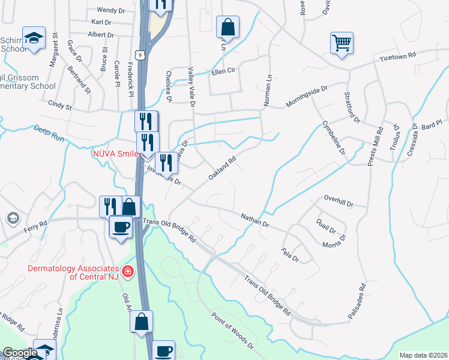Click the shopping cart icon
pyautogui.click(x=342, y=43)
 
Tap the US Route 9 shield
pyautogui.click(x=140, y=55)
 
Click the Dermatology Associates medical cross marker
pyautogui.click(x=127, y=272)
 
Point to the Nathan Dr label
pyautogui.click(x=255, y=220)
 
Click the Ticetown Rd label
pyautogui.click(x=397, y=56)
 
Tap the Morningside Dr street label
pyautogui.click(x=307, y=96)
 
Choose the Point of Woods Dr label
pyautogui.click(x=233, y=329)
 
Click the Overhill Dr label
pyautogui.click(x=339, y=200)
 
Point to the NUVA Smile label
pyautogui.click(x=115, y=153)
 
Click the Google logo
pyautogui.click(x=20, y=353)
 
